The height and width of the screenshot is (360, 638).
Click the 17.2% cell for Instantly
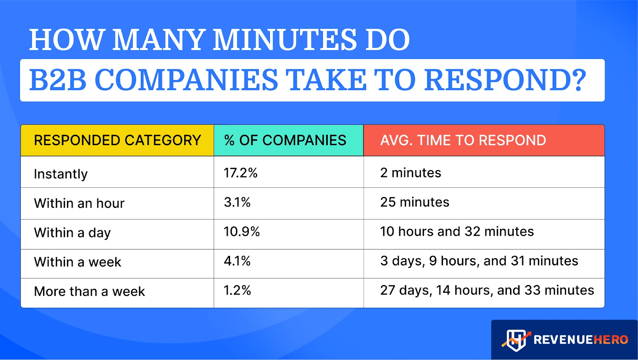pos(240,173)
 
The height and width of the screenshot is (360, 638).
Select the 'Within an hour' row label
pos(79,203)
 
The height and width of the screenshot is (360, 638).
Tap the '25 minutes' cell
pos(415,202)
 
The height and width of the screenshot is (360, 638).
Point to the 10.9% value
pos(242,232)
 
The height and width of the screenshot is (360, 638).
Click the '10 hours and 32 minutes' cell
pos(457,232)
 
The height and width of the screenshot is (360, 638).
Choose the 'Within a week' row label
pos(78,262)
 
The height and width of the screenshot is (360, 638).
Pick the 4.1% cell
pos(237,261)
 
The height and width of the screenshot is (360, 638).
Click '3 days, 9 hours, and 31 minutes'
pos(479,261)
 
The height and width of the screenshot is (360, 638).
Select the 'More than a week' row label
pos(89,291)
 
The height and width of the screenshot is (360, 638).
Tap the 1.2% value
pos(237,290)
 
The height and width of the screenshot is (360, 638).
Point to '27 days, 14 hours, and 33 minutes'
pos(487,290)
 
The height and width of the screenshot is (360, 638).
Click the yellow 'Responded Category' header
pos(117,140)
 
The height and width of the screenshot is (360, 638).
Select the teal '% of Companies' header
pos(285,140)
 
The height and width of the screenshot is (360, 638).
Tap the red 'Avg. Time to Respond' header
pos(463,140)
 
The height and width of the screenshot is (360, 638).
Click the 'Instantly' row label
pos(61,174)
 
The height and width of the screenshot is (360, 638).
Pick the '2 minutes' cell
pos(411,173)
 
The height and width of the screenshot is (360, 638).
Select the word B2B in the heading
pos(58,80)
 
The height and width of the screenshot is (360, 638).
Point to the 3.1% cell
pos(237,202)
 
